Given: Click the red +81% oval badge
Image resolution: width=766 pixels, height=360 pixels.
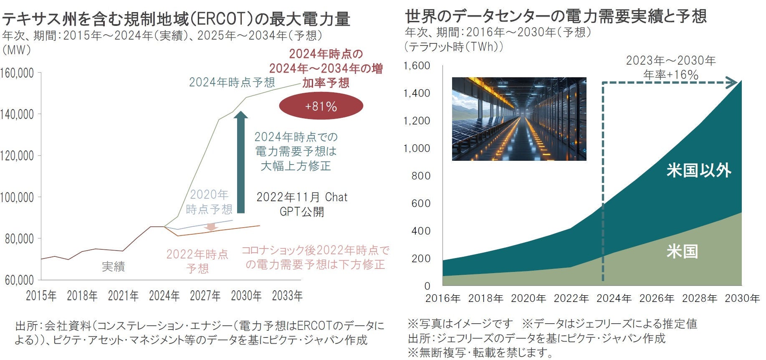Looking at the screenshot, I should (x=321, y=106).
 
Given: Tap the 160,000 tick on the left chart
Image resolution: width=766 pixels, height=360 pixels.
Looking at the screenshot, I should (x=17, y=73).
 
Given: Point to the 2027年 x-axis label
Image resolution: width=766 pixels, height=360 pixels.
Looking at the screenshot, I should (x=205, y=296).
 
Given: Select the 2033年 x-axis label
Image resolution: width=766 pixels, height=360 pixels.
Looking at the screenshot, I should (x=287, y=296).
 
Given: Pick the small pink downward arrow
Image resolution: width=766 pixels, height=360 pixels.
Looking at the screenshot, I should (x=211, y=227).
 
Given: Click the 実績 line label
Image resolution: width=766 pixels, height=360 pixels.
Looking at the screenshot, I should (x=114, y=266).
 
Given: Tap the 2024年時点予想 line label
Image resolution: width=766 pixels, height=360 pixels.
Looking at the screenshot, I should (x=232, y=82).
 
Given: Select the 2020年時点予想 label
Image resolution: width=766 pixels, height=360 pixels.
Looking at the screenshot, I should (x=209, y=202).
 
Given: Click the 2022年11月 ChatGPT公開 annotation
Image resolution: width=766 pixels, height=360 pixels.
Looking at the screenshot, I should (x=302, y=204).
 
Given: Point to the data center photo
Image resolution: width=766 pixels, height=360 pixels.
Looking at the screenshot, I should (x=519, y=119).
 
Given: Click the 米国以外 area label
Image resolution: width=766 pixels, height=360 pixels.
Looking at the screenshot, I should (x=699, y=170).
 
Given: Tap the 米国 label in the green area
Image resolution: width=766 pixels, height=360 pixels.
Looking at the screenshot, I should (x=682, y=251).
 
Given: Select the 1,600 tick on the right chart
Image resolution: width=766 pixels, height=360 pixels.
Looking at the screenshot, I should (x=417, y=66).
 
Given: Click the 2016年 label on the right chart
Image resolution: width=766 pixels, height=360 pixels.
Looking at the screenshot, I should (x=443, y=298).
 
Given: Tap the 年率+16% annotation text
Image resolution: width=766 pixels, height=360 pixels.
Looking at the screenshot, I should (x=671, y=75).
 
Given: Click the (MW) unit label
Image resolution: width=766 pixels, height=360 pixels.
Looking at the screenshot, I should (x=17, y=50).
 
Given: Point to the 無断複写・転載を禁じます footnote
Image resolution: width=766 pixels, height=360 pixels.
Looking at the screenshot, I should (x=480, y=353).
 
